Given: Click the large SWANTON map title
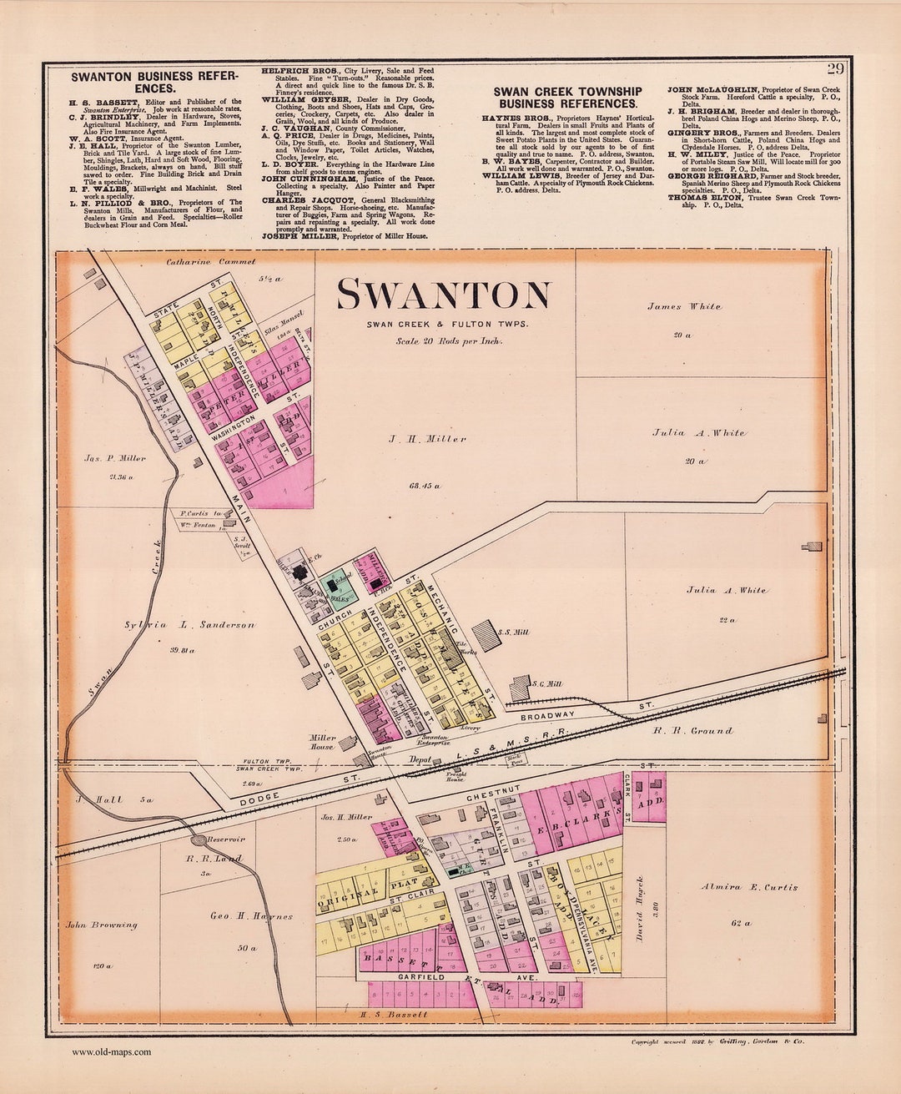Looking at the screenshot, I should click(443, 295).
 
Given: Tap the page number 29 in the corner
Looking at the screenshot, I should click(835, 68).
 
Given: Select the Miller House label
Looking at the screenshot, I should click(322, 742).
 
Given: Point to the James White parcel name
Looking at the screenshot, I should click(684, 306).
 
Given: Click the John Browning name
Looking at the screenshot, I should click(102, 925).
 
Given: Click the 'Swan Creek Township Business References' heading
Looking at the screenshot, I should click(567, 97).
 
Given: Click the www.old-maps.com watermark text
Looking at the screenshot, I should click(111, 1052).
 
